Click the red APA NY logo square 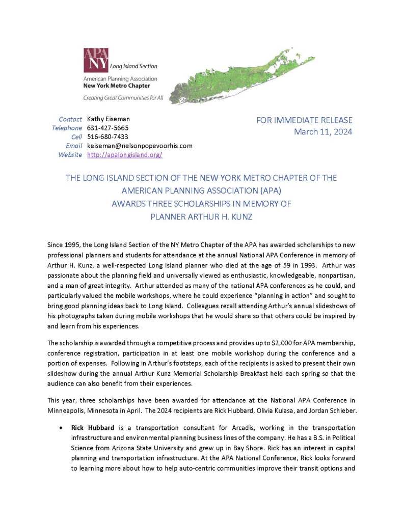coord(95,60)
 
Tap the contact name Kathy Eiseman coord(108,119)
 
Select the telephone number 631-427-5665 coord(108,128)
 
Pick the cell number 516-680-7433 coord(108,136)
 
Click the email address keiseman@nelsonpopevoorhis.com coord(140,146)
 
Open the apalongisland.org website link coord(124,154)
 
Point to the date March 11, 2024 coord(323,132)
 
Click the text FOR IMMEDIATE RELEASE coord(305,120)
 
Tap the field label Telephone coord(67,128)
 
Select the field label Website coord(70,154)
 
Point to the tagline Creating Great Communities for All coord(123,98)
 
